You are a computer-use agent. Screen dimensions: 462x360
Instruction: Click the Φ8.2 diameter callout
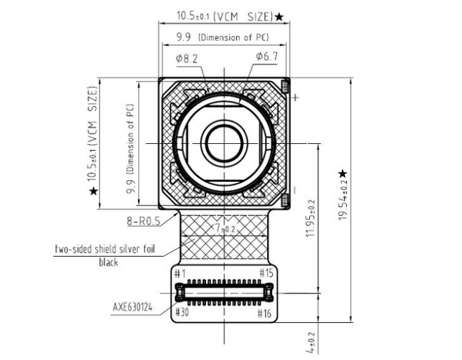[x=186, y=59]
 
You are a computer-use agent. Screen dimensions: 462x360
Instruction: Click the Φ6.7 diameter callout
[x=267, y=56]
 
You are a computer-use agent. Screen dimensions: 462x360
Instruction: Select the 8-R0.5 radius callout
[x=144, y=220]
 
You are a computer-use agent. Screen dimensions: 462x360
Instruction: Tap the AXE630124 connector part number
[x=133, y=307]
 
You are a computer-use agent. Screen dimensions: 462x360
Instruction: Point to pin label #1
[x=180, y=274]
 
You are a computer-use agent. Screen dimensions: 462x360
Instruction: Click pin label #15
[x=266, y=273]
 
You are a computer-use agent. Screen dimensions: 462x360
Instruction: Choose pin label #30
[x=182, y=312]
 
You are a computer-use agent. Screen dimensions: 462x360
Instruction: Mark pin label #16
[x=264, y=313]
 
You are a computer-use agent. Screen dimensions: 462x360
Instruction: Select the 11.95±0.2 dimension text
[x=311, y=218]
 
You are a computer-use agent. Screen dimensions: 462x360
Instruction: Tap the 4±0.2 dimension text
[x=311, y=342]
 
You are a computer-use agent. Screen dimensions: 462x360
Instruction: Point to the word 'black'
[x=109, y=262]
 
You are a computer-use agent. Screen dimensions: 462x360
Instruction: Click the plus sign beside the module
[x=295, y=97]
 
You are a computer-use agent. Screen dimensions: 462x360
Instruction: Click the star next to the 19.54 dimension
[x=343, y=174]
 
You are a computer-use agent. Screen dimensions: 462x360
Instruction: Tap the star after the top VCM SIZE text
[x=279, y=17]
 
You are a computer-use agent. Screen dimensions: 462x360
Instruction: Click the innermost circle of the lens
[x=224, y=144]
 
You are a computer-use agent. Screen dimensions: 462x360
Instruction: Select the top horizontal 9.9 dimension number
[x=183, y=37]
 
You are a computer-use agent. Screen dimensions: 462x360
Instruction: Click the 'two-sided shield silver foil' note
[x=105, y=249]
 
